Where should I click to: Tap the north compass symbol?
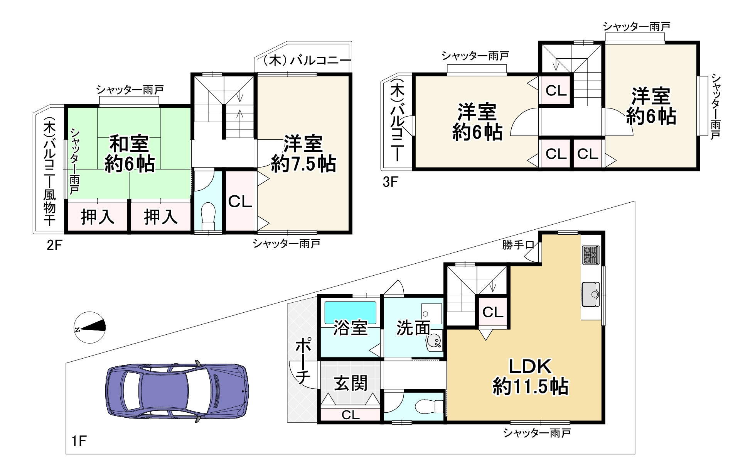89,327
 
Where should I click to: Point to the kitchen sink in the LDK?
590,294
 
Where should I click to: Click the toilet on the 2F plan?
208,216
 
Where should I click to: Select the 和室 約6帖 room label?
130,154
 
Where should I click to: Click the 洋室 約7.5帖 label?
303,154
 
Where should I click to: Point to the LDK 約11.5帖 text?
530,376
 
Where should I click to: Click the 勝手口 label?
518,245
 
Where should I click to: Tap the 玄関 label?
350,383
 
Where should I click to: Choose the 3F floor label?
390,182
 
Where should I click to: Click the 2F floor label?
54,245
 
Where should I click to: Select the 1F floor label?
79,440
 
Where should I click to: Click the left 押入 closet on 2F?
98,217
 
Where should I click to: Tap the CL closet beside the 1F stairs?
493,312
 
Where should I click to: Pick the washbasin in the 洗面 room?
435,340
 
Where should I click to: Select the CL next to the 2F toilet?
240,202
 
